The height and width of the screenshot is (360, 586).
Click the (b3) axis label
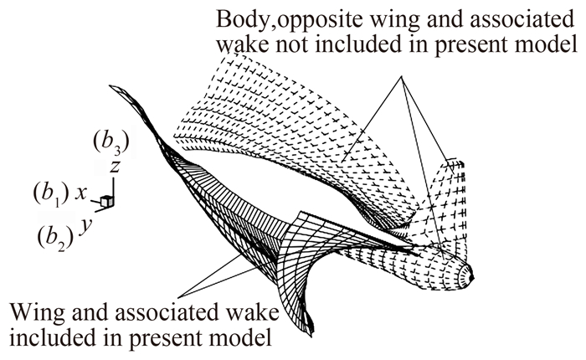(111, 143)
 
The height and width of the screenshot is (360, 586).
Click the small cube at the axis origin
(106, 201)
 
